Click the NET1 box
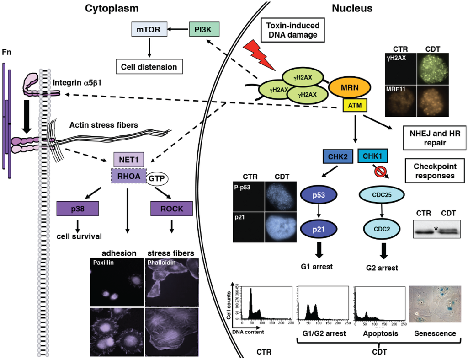(128, 160)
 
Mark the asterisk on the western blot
(436, 227)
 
